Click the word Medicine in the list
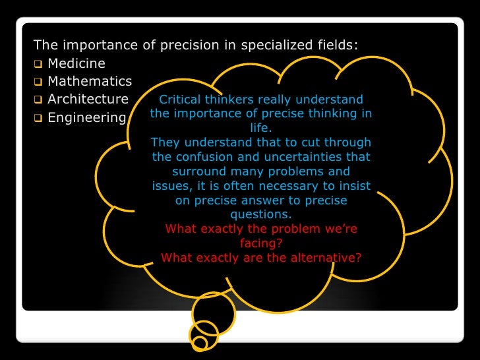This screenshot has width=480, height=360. point(76,64)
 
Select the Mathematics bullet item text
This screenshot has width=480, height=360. point(90,82)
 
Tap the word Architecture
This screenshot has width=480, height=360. point(88,100)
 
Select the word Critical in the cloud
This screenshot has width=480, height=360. point(181,100)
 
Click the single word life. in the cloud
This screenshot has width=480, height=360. point(261,129)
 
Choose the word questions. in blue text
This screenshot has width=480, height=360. point(261,215)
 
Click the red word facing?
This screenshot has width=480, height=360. point(261,243)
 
